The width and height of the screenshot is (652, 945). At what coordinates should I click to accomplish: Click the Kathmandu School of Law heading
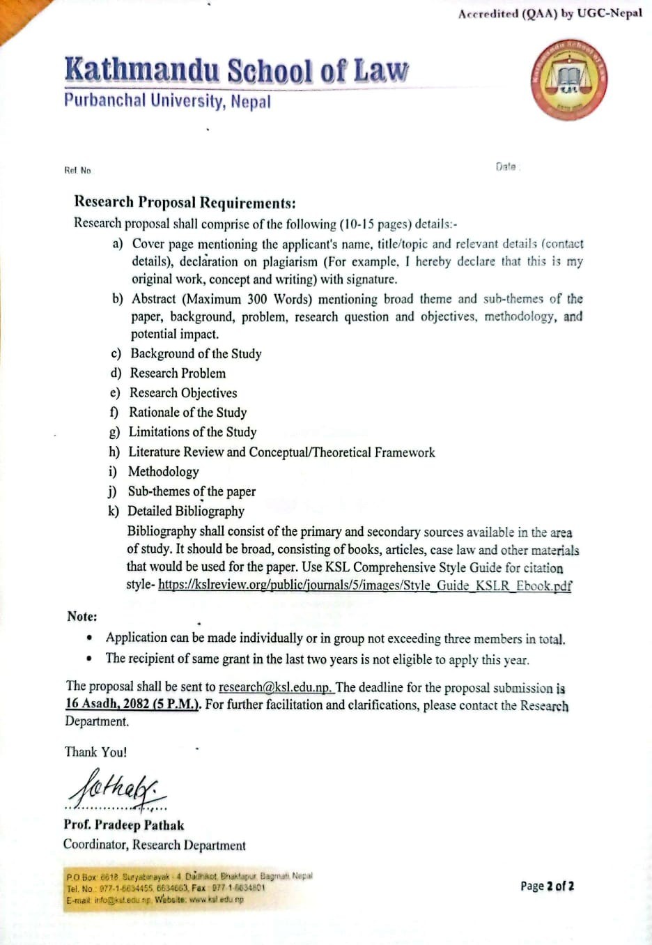click(236, 70)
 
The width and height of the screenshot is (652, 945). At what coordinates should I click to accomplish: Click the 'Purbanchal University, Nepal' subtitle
click(167, 101)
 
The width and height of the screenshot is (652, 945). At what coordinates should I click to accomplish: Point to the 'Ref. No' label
click(77, 170)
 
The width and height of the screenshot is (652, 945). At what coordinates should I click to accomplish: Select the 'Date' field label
click(506, 167)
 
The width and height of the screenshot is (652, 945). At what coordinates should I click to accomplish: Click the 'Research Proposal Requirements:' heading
click(185, 203)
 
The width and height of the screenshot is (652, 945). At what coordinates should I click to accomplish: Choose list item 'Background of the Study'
click(196, 353)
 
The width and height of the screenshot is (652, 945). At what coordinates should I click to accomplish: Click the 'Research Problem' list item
click(178, 373)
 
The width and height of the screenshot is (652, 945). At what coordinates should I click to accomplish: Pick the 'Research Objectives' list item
click(183, 392)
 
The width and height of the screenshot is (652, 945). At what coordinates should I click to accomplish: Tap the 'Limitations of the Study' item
click(192, 432)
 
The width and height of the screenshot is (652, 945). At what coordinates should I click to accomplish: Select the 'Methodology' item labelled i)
click(163, 471)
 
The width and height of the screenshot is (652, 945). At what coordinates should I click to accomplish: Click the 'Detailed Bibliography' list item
click(185, 511)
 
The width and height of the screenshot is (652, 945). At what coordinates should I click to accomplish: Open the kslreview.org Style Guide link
click(364, 585)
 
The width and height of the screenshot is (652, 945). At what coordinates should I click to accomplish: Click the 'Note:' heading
click(82, 616)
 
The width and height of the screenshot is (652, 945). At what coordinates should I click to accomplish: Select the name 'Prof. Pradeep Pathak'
click(124, 825)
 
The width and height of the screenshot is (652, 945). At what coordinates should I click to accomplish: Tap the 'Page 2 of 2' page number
click(547, 886)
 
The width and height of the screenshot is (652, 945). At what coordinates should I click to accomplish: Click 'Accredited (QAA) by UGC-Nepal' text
click(550, 13)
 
